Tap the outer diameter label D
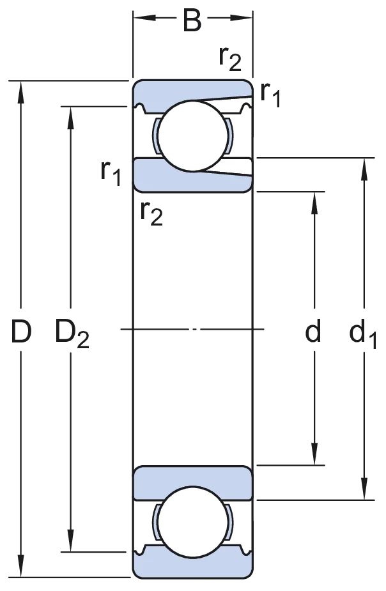pyautogui.click(x=20, y=332)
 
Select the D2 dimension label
pyautogui.click(x=72, y=333)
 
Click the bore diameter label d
pyautogui.click(x=313, y=330)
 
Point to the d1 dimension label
pyautogui.click(x=363, y=333)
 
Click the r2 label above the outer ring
pyautogui.click(x=230, y=59)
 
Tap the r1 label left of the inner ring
pyautogui.click(x=111, y=173)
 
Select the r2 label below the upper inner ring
pyautogui.click(x=151, y=213)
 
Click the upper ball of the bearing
pyautogui.click(x=193, y=135)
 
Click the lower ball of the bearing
pyautogui.click(x=193, y=522)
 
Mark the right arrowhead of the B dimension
pyautogui.click(x=242, y=18)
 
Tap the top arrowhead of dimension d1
pyautogui.click(x=364, y=170)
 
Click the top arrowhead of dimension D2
pyautogui.click(x=70, y=118)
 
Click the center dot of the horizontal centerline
pyautogui.click(x=194, y=330)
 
